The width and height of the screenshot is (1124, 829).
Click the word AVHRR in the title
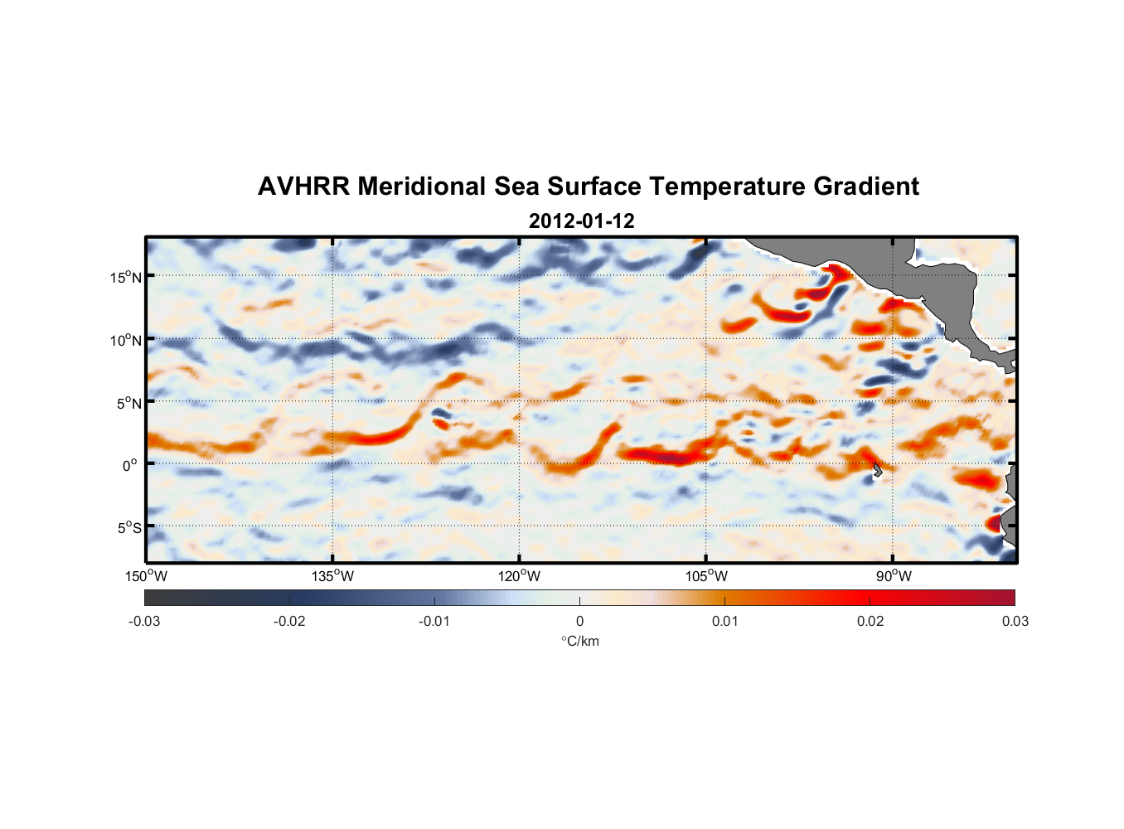coord(303,187)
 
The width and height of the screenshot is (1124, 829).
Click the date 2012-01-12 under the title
coord(581,221)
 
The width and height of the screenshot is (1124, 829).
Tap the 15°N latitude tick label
coord(125,277)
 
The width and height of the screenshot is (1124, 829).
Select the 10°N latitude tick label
coord(125,340)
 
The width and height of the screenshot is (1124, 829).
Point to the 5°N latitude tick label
coord(128,403)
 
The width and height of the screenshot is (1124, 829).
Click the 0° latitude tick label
coord(130,466)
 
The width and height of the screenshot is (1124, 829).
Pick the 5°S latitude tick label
coord(128,528)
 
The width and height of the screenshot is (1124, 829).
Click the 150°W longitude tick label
coord(147,576)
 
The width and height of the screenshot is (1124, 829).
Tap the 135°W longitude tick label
coord(333,576)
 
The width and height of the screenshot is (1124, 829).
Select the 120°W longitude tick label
coord(520,576)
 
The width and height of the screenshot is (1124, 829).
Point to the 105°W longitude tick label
coord(706,576)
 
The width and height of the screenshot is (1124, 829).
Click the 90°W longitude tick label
coord(894,576)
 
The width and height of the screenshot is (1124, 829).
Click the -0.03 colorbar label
coord(144,621)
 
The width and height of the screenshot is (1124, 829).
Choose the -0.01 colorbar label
coord(434,621)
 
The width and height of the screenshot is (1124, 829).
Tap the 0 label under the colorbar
coord(579,621)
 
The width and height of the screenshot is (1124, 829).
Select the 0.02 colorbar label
coord(870,621)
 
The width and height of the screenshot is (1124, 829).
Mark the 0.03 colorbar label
coord(1015,621)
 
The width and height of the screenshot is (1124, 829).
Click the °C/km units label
coord(579,641)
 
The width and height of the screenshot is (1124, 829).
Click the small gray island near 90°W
coord(877,470)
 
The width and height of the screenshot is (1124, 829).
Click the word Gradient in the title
coord(866,187)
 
